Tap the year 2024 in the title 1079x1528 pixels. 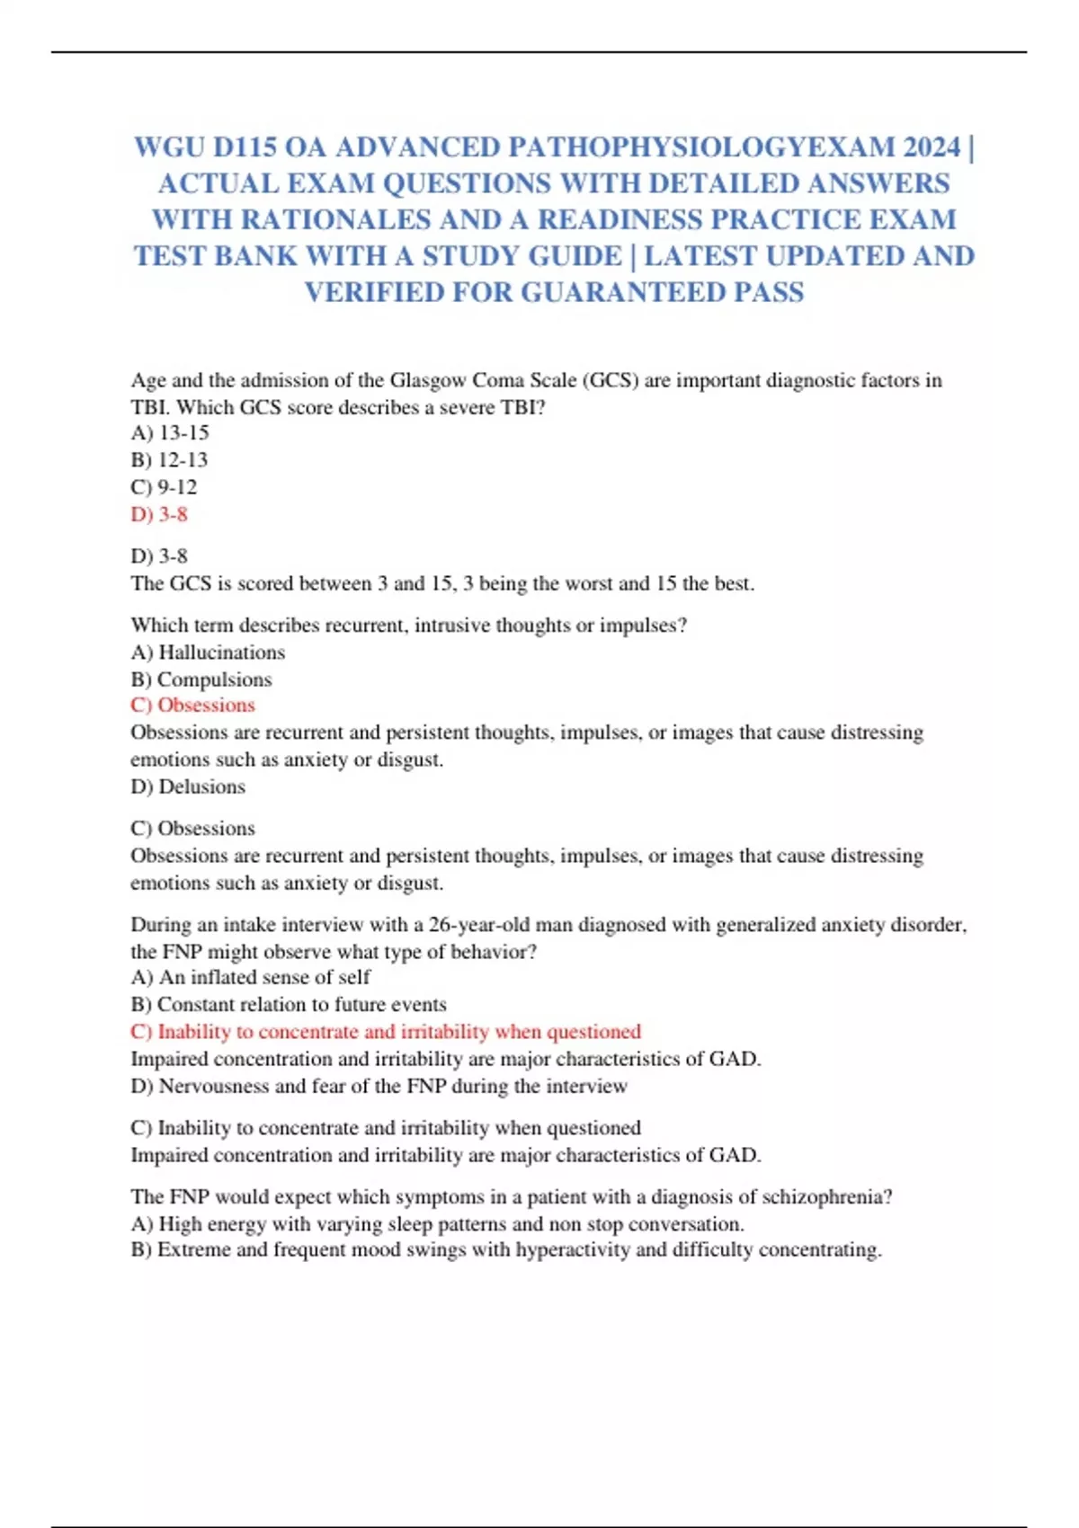pos(932,147)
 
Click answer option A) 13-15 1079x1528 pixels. pos(170,432)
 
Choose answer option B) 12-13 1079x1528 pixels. pos(169,459)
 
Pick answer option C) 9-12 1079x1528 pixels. pos(164,486)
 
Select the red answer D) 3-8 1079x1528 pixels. pos(159,514)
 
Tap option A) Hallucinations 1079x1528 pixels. pos(208,652)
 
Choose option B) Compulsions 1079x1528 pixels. pos(201,679)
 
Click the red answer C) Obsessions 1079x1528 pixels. pos(192,705)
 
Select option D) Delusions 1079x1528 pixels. pos(188,786)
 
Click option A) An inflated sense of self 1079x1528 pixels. pos(250,977)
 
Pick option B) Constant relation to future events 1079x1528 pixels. pos(289,1004)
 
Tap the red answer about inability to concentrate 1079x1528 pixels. pos(386,1031)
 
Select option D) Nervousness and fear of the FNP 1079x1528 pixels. pos(379,1086)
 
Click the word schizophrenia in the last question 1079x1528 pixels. pos(825,1196)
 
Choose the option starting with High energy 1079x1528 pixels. pos(437,1223)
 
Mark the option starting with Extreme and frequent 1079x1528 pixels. pos(506,1249)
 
